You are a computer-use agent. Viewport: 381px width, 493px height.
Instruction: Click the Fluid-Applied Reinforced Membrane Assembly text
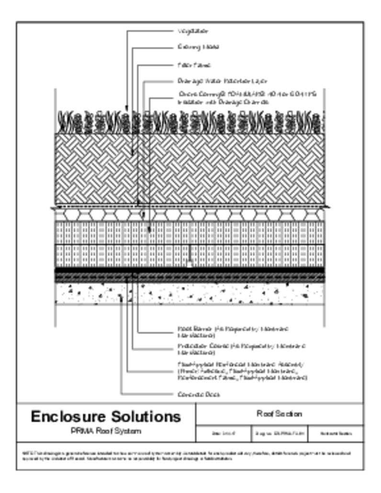(241, 371)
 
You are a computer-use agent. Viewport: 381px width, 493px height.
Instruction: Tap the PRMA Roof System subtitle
(106, 431)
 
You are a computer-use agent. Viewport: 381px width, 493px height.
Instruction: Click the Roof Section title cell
(279, 414)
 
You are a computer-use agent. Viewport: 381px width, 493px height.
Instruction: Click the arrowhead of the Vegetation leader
(126, 109)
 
